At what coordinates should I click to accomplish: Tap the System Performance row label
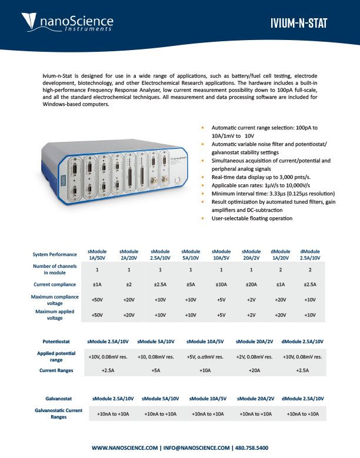[x=55, y=254]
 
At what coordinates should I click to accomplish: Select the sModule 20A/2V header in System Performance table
[x=251, y=254]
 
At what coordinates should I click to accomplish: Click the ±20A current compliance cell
[x=251, y=284]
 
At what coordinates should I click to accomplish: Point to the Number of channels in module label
[x=55, y=270]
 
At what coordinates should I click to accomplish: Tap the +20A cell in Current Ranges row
[x=254, y=371]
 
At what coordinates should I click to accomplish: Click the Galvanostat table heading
[x=58, y=399]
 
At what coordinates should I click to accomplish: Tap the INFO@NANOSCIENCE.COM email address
[x=195, y=448]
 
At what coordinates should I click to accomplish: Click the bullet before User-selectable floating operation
[x=203, y=219]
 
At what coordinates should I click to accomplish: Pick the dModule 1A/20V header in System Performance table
[x=280, y=254]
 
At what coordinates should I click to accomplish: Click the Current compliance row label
[x=55, y=284]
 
